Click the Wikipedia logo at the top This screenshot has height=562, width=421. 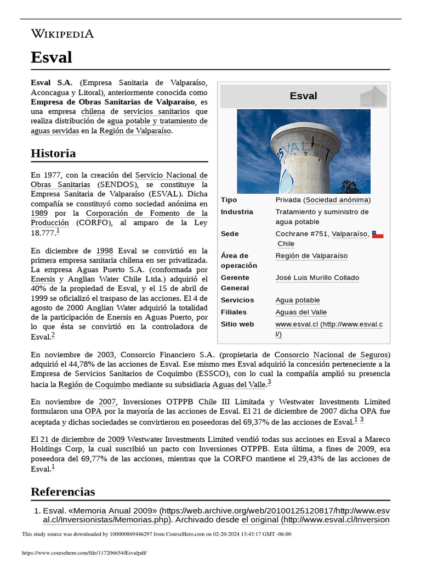tap(62, 34)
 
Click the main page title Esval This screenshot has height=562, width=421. tap(51, 57)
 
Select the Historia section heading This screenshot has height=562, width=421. tap(53, 153)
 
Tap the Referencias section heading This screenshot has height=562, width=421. tap(62, 491)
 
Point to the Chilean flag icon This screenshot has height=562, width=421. tap(378, 234)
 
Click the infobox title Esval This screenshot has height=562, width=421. tap(303, 96)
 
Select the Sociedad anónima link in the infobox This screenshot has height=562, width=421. tap(337, 200)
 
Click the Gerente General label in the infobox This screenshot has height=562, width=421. tap(235, 283)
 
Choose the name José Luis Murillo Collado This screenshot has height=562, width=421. tap(317, 278)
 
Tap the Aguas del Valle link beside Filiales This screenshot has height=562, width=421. tap(300, 312)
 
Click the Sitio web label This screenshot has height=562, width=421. tap(237, 324)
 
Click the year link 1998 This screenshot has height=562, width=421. tap(104, 251)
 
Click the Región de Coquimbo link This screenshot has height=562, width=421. tap(94, 384)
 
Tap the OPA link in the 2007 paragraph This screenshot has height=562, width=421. tap(92, 411)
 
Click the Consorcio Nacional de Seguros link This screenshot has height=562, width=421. tap(332, 355)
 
